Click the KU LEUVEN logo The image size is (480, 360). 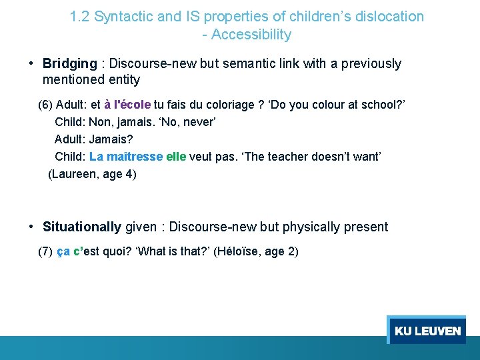427,331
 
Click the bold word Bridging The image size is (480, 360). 69,64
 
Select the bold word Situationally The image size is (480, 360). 82,227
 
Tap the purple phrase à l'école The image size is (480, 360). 127,105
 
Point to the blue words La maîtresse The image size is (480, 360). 126,157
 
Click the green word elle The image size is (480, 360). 176,157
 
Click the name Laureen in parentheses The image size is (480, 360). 75,175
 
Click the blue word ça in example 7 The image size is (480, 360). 63,251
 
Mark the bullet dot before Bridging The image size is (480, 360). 31,64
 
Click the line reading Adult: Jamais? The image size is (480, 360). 94,140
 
